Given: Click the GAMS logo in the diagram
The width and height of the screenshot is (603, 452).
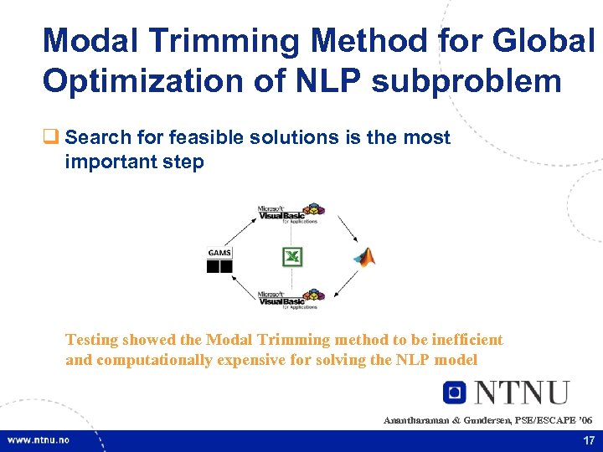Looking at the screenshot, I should point(219,260).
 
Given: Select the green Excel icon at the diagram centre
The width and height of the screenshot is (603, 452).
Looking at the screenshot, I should point(292,257).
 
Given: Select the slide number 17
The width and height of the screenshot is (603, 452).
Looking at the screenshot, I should point(587,440).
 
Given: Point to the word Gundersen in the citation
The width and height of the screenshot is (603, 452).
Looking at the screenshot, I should point(486,419).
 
